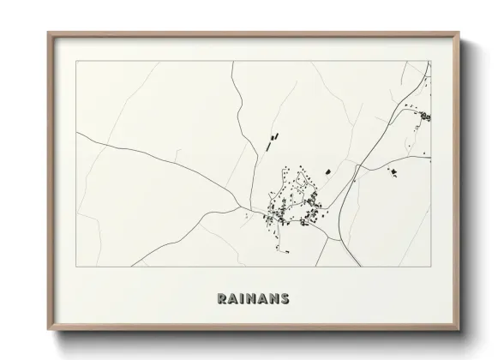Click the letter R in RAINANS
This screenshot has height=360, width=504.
pos(222,299)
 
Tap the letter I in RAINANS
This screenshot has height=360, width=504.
pos(243,299)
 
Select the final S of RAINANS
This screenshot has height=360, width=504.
pos(284,299)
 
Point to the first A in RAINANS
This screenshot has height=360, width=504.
pos(233,299)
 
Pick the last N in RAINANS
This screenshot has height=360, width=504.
pos(273,299)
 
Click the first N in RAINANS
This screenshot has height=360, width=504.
pos(252,299)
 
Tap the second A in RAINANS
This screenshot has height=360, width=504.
pos(263,299)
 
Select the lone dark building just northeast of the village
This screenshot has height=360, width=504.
pos(327,172)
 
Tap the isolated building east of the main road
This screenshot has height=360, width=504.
pos(393,172)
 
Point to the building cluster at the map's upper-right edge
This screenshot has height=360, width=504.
pos(423,117)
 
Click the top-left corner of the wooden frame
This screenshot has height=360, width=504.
pos(49,33)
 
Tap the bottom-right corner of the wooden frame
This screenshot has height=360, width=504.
pos(461,329)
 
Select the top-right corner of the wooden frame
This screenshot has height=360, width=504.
pos(461,33)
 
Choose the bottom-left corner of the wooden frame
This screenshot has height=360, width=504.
pos(49,329)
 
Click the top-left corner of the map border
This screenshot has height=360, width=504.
pos(76,61)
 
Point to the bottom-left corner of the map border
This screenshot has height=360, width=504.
pos(76,267)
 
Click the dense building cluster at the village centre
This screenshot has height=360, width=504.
pos(296,201)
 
